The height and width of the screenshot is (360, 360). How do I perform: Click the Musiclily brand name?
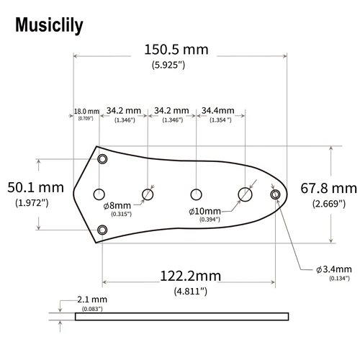(x=48, y=25)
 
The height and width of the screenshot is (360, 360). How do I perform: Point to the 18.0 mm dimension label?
(x=86, y=112)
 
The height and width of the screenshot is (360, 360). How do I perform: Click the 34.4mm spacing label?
(x=217, y=111)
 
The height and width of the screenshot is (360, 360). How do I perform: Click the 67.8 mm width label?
(x=328, y=189)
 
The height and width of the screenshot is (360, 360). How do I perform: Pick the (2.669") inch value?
(x=328, y=204)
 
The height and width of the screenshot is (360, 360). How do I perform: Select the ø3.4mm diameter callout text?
(x=332, y=269)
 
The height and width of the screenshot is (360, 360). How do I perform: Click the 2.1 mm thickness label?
(x=91, y=299)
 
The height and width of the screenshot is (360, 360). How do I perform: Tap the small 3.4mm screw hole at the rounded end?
(x=274, y=194)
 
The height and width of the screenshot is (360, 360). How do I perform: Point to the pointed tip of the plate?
(x=76, y=192)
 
